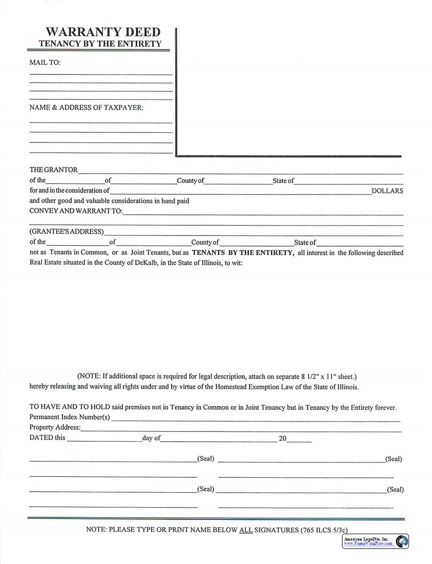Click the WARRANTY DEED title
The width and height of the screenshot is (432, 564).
pos(103,32)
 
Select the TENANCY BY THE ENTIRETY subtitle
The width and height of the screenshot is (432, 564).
pos(100,44)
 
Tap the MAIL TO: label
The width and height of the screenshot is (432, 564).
pos(45,63)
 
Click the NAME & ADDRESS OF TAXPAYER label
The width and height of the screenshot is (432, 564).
pos(86,107)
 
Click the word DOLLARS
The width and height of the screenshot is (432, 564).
pos(387,191)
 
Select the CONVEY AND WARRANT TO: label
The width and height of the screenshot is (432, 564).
pos(76,211)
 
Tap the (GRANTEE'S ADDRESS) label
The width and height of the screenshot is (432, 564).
pos(67,232)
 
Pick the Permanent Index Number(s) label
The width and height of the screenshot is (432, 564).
pos(69,417)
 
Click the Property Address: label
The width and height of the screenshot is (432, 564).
pos(55,427)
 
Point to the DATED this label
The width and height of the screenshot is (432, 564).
pos(47,437)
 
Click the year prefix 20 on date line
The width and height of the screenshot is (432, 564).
pos(283,439)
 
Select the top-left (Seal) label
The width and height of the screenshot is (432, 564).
pos(205,458)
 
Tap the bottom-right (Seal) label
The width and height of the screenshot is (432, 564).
pos(395,490)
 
